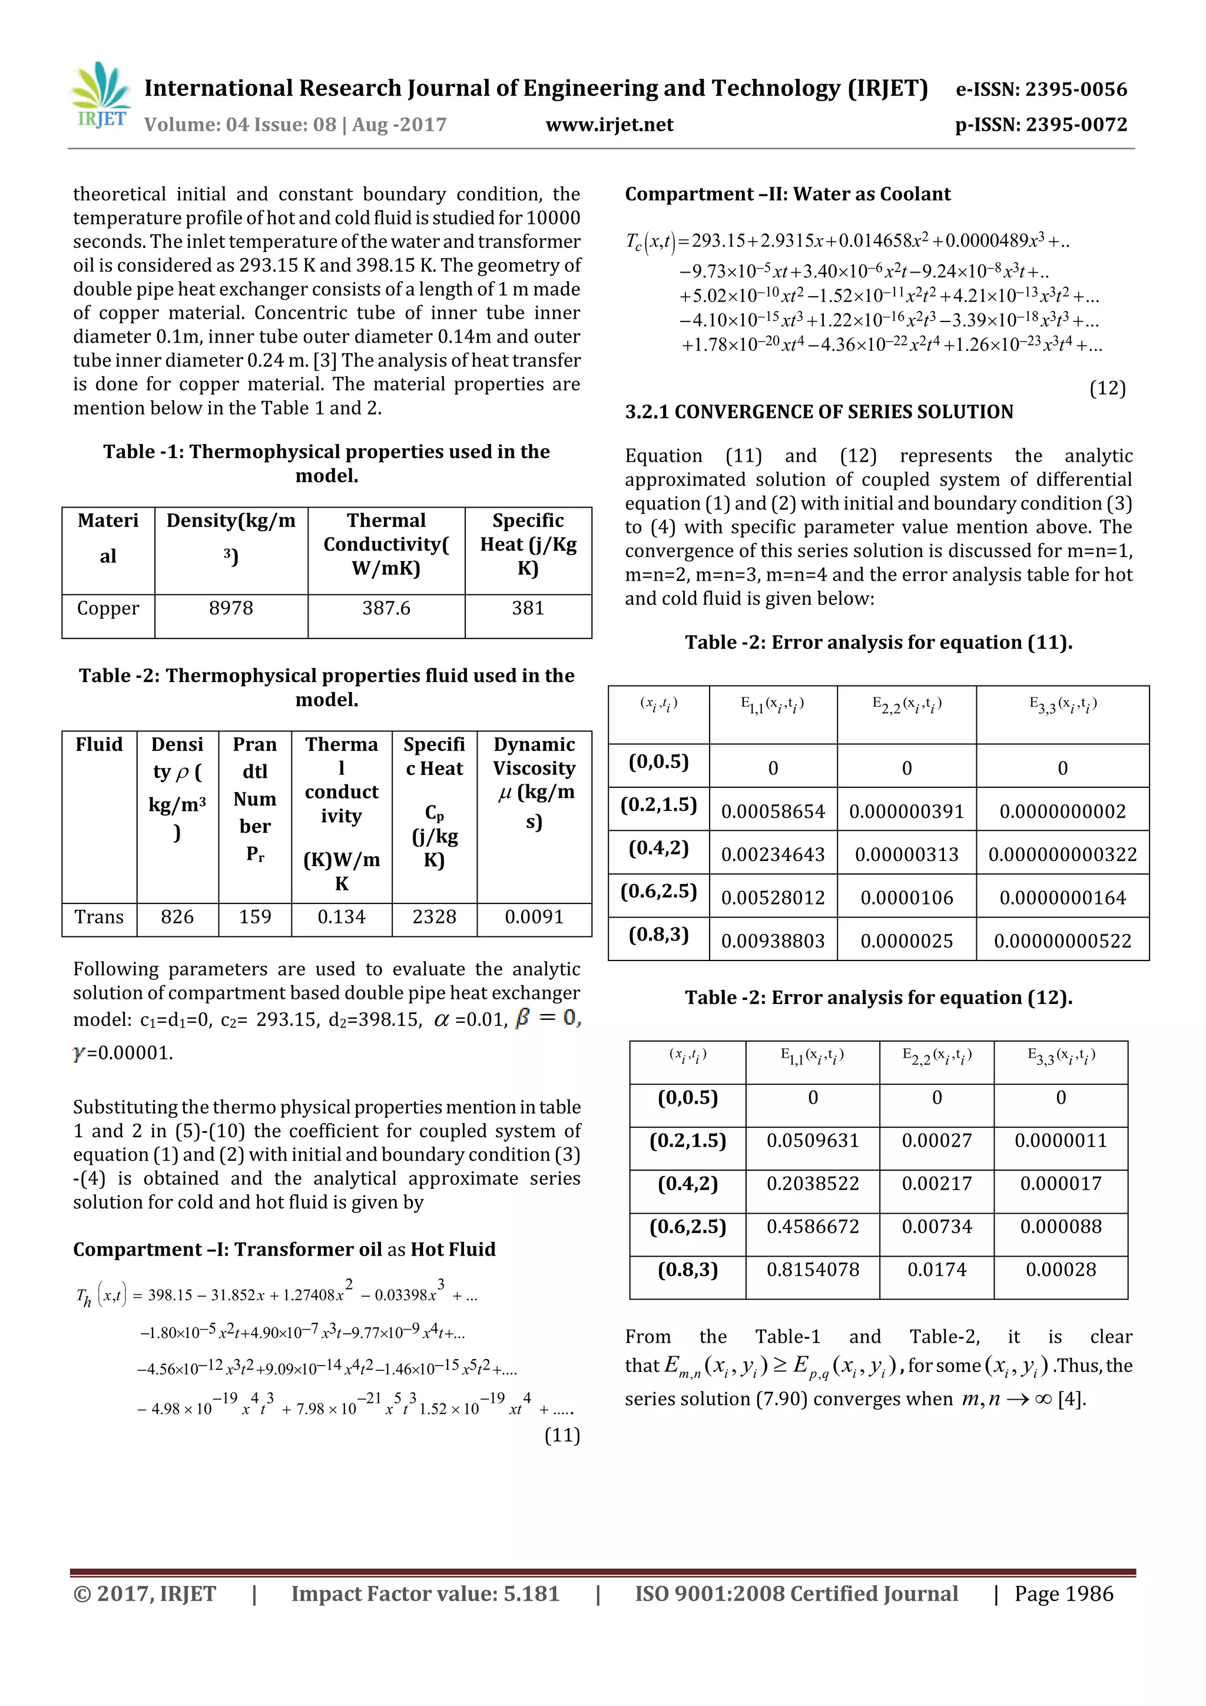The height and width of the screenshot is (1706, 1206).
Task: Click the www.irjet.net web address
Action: pyautogui.click(x=609, y=125)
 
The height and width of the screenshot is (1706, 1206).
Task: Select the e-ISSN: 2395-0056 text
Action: pyautogui.click(x=1041, y=89)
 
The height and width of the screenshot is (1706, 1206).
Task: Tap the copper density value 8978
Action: pyautogui.click(x=230, y=608)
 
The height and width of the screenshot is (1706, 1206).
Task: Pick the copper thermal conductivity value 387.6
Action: pyautogui.click(x=386, y=608)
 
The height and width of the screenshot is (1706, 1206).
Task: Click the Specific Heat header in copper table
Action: pyautogui.click(x=528, y=544)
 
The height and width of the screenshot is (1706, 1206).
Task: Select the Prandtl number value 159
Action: pyautogui.click(x=255, y=916)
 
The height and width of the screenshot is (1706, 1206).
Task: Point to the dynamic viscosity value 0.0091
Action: pyautogui.click(x=534, y=916)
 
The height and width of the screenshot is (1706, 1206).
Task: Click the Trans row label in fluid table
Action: pyautogui.click(x=99, y=916)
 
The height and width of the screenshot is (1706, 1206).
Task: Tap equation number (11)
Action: pyautogui.click(x=562, y=1435)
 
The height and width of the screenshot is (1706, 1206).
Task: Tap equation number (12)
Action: pyautogui.click(x=1107, y=388)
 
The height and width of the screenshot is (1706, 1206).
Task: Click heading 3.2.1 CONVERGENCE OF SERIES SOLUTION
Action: pyautogui.click(x=819, y=412)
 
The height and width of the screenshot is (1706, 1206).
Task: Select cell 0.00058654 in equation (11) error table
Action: pyautogui.click(x=773, y=811)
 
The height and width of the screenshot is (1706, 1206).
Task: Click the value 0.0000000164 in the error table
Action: pyautogui.click(x=1062, y=897)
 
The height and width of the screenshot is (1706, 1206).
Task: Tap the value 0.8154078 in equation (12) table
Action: pyautogui.click(x=812, y=1269)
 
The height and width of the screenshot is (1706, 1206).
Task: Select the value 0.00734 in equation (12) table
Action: pyautogui.click(x=936, y=1226)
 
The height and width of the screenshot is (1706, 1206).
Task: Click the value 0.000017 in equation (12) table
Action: pyautogui.click(x=1061, y=1183)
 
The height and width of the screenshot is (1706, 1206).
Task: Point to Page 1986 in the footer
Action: pyautogui.click(x=1063, y=1594)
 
